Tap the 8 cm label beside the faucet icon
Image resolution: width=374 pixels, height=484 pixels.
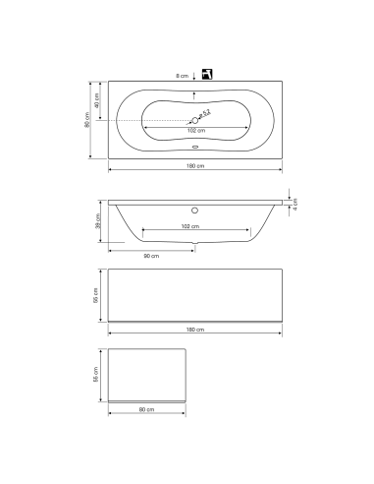coord(182,76)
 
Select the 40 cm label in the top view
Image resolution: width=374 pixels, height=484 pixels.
coord(97,101)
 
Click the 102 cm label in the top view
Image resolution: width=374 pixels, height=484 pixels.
coord(195,131)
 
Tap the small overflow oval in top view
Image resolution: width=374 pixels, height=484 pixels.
coord(195,150)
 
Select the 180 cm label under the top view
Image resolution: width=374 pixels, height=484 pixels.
coord(195,167)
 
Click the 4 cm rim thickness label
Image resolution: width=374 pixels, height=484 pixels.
coord(295,205)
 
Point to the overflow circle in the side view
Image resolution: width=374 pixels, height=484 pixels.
coord(195,210)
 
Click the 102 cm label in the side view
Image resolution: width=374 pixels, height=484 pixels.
coord(194,226)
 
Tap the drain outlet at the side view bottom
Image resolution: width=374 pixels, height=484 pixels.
coord(195,244)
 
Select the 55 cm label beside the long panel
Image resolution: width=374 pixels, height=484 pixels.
coord(96,295)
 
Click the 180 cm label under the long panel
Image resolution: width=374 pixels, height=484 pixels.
coord(194,330)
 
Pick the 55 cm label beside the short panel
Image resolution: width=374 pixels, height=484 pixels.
coord(97,375)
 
